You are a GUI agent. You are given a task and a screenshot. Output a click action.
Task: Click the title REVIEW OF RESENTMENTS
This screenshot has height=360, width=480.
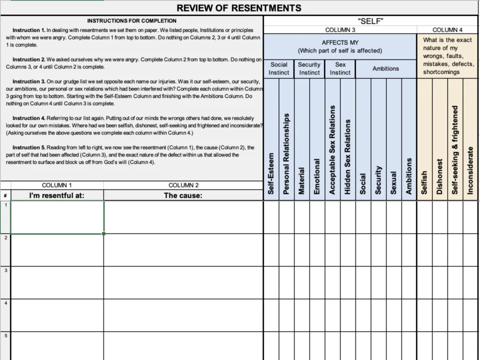point(239,8)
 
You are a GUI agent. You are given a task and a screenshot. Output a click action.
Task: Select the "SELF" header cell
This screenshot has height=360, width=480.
point(371,21)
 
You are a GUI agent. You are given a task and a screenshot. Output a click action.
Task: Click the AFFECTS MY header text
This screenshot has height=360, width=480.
point(340,43)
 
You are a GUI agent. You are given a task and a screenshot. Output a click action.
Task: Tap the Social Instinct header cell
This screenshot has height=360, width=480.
point(279,69)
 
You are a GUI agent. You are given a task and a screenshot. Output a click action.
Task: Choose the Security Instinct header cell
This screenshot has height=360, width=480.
point(309,69)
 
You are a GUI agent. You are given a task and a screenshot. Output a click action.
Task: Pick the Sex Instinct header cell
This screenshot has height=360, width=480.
point(340,69)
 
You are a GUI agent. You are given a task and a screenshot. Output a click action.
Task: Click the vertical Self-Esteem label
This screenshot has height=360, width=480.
point(271,171)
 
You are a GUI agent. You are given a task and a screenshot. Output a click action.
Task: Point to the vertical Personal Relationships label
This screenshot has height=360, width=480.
point(287,154)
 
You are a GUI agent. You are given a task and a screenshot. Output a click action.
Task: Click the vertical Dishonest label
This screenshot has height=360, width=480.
point(440,176)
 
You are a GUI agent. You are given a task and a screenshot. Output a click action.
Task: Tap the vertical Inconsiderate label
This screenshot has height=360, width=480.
point(471,170)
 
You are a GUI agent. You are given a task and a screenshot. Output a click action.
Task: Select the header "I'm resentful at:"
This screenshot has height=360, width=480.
point(57,195)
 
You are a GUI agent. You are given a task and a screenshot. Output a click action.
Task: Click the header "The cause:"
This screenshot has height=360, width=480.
point(183,195)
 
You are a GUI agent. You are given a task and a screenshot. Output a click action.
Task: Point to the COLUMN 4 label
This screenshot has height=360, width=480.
point(447,30)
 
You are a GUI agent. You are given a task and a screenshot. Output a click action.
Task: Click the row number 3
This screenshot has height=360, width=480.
point(5,270)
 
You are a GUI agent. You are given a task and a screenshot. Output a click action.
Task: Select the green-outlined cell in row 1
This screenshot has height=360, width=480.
point(57,217)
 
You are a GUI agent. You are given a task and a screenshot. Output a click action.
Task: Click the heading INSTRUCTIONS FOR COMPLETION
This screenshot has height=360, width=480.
point(131,21)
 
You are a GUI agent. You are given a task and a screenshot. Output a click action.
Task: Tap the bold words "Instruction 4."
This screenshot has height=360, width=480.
point(29,118)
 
